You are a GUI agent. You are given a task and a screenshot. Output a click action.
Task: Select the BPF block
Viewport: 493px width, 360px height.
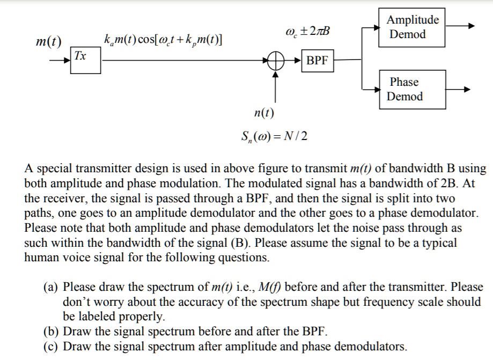317,61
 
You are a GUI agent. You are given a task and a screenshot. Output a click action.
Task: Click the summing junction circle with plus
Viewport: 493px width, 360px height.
276,61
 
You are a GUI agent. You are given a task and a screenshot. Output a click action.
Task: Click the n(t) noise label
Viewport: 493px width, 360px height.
264,112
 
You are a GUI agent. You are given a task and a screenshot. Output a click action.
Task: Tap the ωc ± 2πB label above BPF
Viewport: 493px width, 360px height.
307,31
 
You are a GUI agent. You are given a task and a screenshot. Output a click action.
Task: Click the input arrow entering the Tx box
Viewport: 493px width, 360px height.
61,61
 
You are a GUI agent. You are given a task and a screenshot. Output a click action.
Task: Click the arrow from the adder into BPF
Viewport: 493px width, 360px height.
293,61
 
